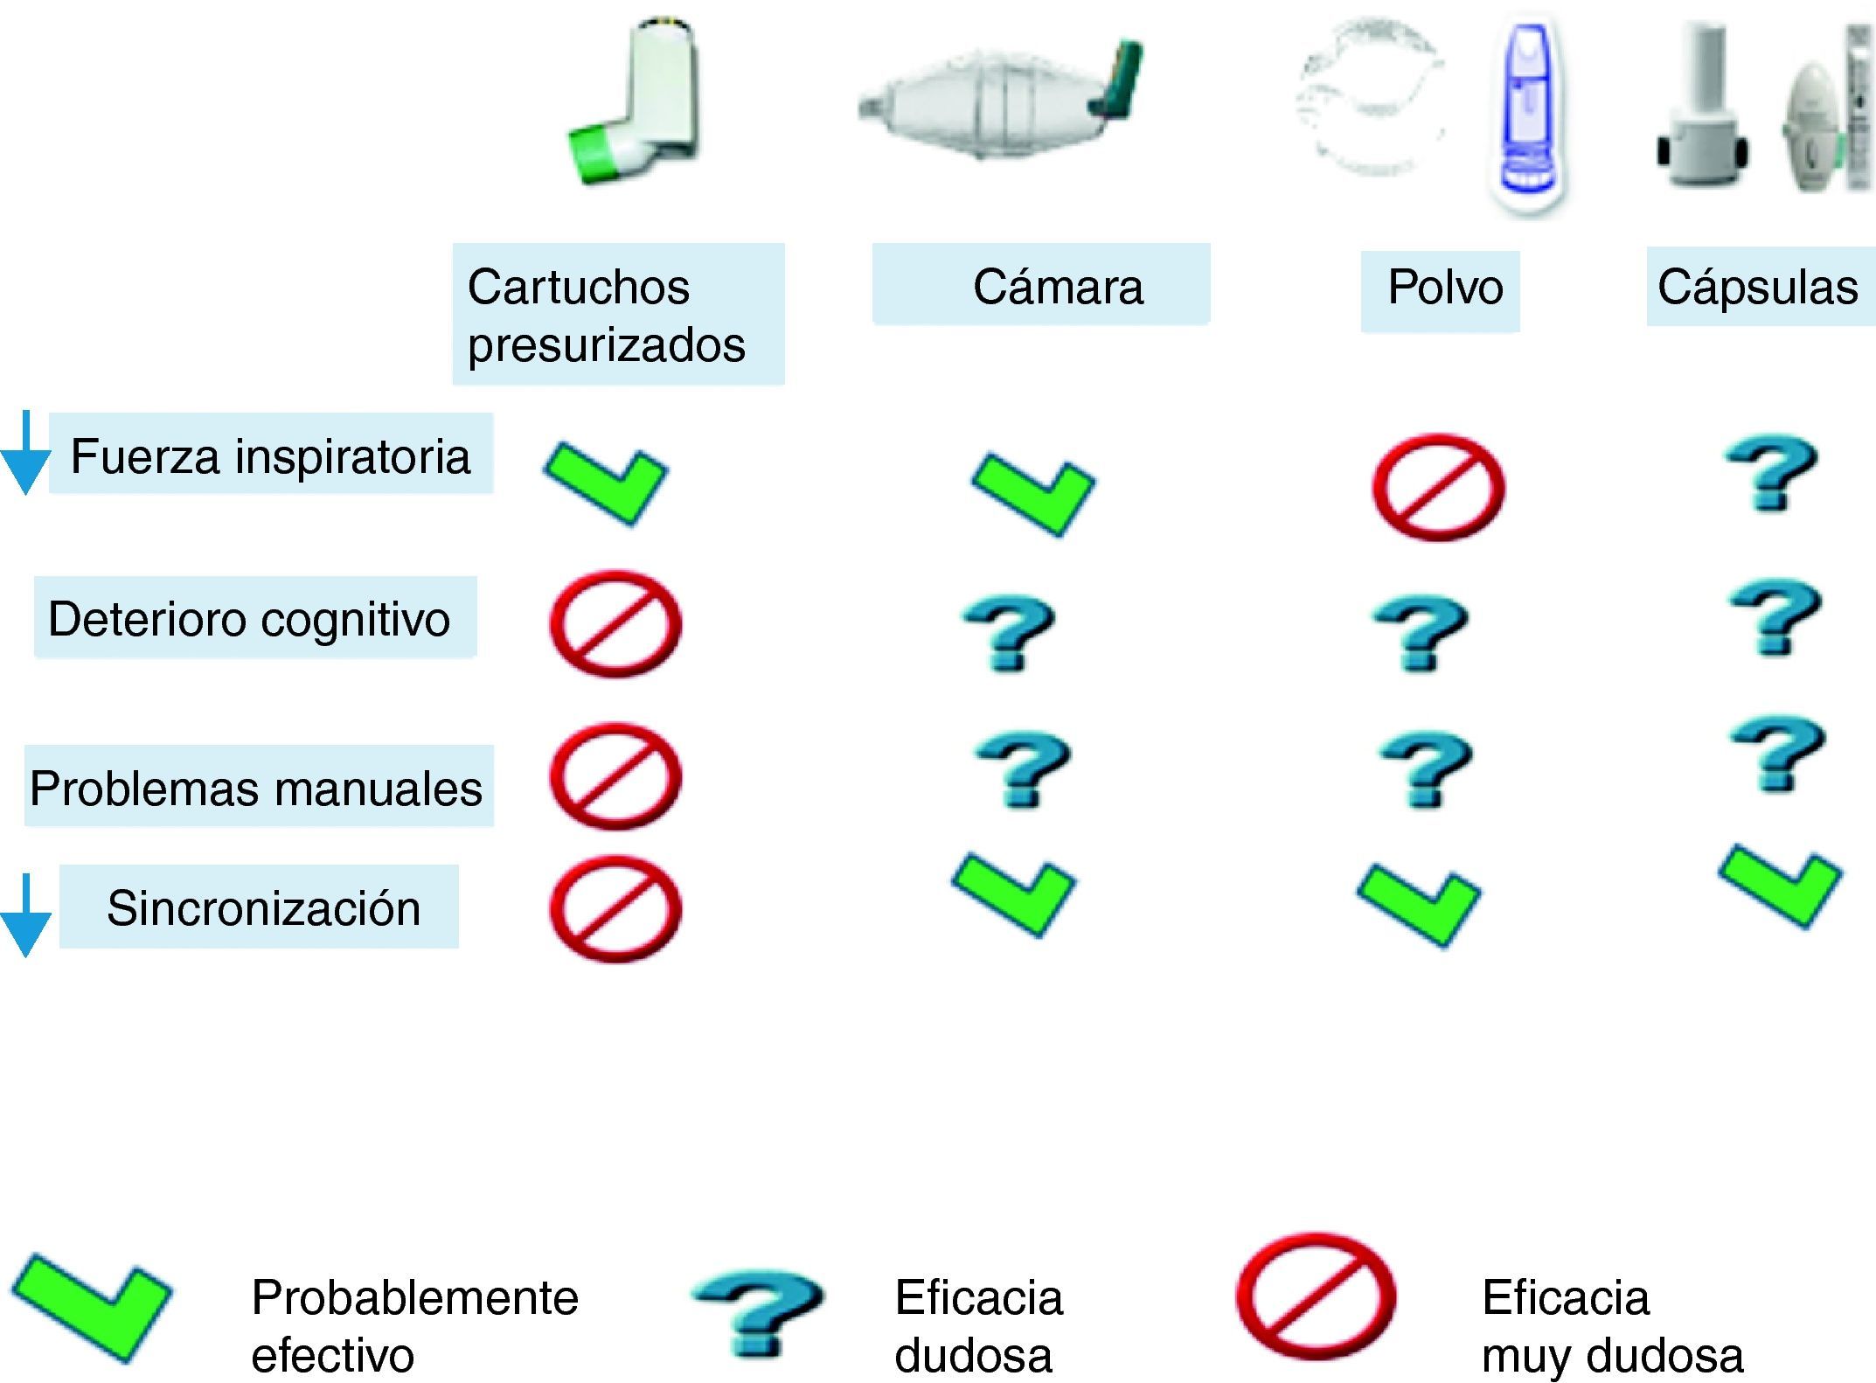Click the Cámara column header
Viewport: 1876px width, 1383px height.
click(1057, 287)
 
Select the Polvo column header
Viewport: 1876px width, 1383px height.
click(1444, 288)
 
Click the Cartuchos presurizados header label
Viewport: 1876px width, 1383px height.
click(606, 315)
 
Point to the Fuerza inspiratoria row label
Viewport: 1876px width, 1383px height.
click(270, 456)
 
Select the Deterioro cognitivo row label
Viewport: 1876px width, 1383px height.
click(249, 619)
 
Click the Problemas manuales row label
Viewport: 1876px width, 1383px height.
click(256, 788)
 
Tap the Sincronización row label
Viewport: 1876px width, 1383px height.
click(263, 907)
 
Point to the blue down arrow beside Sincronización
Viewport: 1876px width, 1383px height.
click(24, 914)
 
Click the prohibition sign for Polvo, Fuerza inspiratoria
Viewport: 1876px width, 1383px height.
click(1438, 487)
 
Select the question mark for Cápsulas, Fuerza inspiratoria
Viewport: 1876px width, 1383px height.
click(1770, 474)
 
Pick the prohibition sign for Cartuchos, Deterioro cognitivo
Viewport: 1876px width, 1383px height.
click(615, 623)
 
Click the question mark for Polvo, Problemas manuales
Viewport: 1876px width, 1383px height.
click(1426, 769)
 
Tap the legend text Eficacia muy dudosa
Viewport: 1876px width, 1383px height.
click(1611, 1326)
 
